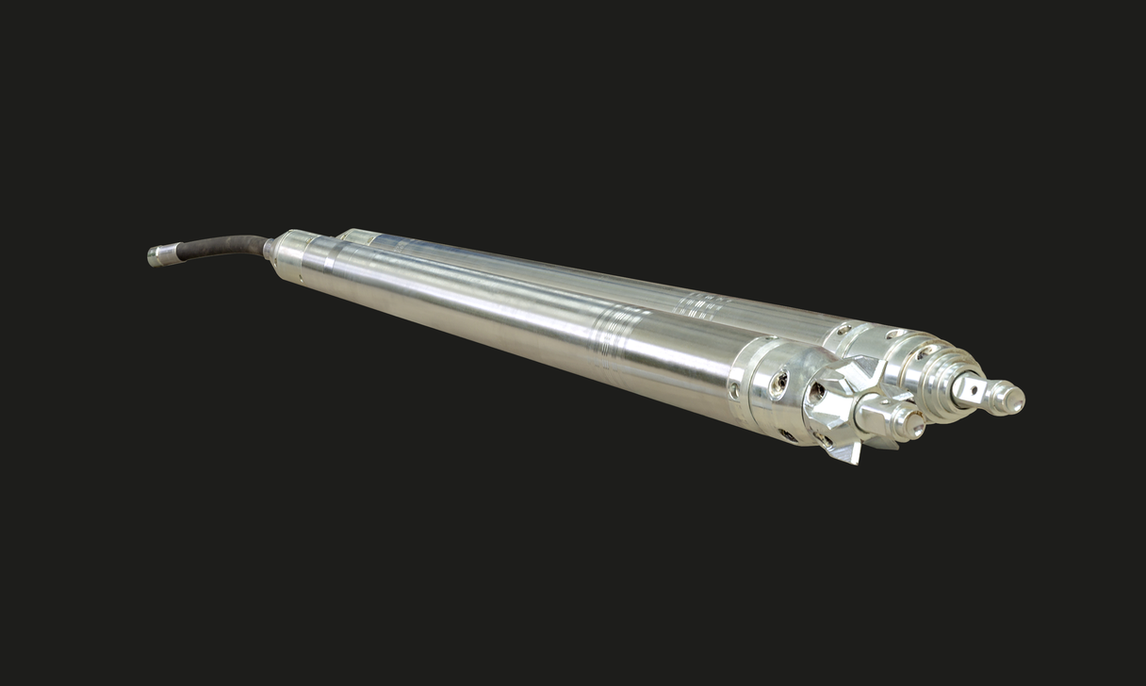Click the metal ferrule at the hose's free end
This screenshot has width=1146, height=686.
(162, 254)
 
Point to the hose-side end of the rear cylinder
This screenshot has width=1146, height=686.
(351, 236)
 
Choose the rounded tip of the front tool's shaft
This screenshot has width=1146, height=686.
(911, 426)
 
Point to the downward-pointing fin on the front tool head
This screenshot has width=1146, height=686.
(844, 452)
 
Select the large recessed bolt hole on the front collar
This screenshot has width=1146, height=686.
(779, 383)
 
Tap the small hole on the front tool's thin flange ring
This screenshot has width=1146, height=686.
(734, 388)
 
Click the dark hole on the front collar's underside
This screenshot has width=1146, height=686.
(788, 435)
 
